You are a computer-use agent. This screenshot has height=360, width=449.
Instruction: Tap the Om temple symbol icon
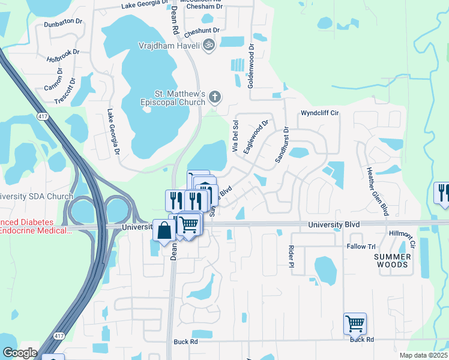[x=208, y=44]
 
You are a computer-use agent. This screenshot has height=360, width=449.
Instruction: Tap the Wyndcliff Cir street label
[x=320, y=112]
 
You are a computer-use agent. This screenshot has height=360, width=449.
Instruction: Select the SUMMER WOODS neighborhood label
[x=391, y=260]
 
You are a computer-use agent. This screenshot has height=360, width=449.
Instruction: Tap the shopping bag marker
[x=164, y=232]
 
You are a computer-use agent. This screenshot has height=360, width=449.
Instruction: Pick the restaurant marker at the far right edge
[x=442, y=193]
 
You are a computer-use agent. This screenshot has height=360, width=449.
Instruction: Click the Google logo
[x=20, y=353]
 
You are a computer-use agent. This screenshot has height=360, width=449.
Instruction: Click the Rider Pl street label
[x=292, y=256]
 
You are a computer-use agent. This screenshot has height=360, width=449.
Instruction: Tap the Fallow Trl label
[x=361, y=247]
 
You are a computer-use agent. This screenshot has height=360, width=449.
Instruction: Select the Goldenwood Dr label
[x=252, y=66]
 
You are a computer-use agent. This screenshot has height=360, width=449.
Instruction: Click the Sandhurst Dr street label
[x=282, y=145]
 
